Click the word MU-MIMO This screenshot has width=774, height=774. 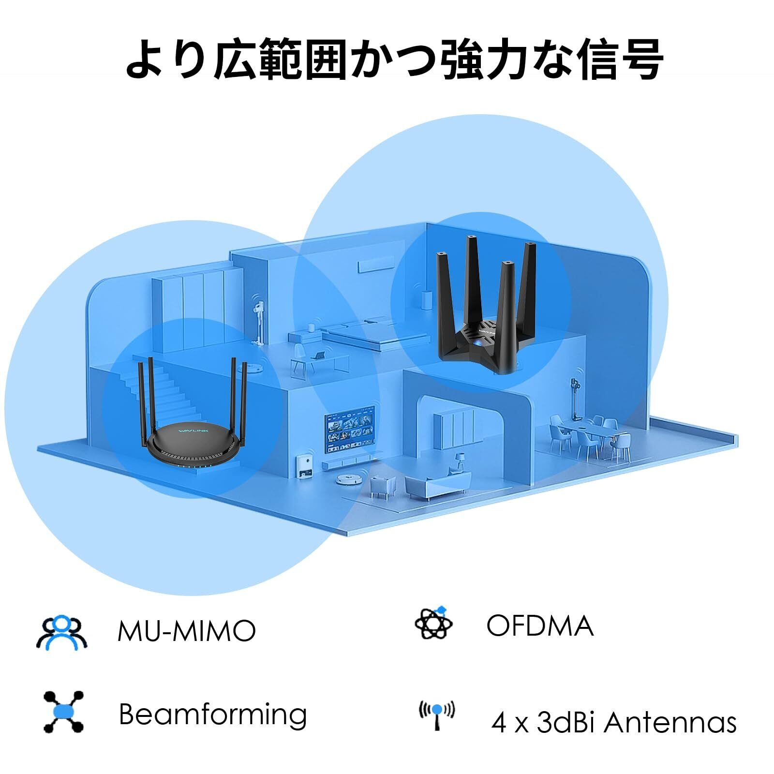(x=186, y=630)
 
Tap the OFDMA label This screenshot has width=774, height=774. (x=539, y=625)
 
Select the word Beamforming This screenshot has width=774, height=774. (x=213, y=714)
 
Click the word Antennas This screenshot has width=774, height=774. (x=670, y=723)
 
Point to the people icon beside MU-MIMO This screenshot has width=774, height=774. (x=61, y=632)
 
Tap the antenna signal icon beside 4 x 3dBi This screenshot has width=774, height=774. (x=436, y=715)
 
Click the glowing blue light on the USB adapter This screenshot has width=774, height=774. (x=477, y=342)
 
